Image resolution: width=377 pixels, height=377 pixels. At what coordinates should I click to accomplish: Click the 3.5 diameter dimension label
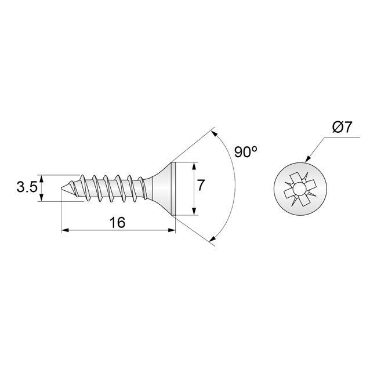27,187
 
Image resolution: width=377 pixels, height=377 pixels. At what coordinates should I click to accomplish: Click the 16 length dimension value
117,222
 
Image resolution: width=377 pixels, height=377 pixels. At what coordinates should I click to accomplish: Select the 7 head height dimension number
201,186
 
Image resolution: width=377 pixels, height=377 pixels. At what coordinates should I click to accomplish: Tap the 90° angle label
246,153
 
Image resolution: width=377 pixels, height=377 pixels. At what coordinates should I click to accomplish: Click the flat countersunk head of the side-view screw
171,188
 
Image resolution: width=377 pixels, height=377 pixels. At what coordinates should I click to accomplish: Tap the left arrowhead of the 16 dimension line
64,231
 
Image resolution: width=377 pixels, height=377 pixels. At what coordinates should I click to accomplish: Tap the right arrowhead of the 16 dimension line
172,231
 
